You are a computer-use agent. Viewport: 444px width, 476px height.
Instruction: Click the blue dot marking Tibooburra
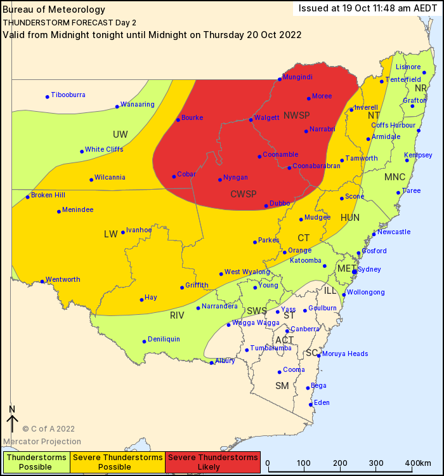48,96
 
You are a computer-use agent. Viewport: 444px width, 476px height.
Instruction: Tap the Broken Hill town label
48,195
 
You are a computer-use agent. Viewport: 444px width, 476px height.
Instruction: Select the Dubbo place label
280,203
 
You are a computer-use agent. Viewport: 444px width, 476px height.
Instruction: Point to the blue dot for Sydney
355,272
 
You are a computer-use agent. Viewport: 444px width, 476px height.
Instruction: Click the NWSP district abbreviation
297,115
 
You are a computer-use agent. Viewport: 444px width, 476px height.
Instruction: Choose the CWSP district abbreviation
244,194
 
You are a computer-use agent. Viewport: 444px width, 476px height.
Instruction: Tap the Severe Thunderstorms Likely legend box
213,462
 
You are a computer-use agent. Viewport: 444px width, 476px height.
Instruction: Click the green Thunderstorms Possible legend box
36,462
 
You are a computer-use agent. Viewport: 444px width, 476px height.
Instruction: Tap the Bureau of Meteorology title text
46,10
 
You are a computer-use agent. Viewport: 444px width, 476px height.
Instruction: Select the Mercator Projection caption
42,442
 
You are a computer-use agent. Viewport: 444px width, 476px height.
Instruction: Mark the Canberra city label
305,329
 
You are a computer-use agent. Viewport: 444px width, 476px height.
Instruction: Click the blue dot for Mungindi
279,79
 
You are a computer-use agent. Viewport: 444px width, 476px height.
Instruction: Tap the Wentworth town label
63,279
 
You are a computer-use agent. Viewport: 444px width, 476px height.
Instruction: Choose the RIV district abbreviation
177,315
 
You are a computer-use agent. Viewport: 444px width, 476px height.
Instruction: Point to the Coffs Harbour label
393,125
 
